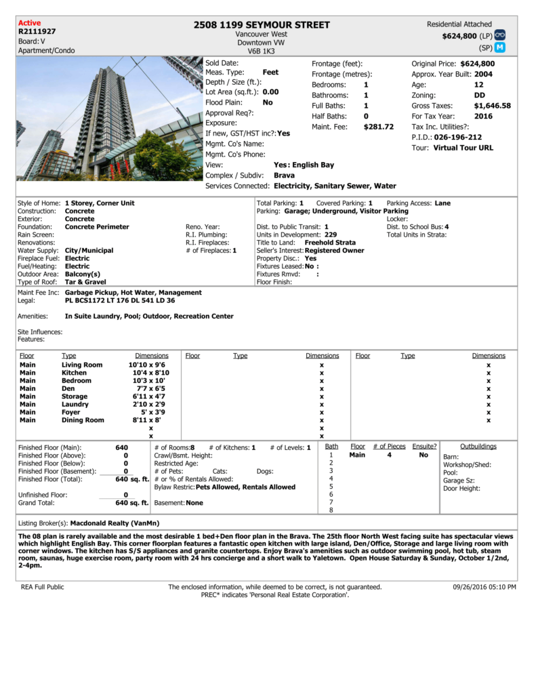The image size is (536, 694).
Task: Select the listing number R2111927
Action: [x=37, y=31]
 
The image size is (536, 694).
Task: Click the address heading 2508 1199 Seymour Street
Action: [x=262, y=25]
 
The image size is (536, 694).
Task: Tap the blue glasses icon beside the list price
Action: [x=501, y=35]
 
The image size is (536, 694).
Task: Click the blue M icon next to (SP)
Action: [x=501, y=47]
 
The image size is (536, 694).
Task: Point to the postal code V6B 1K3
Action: [x=262, y=51]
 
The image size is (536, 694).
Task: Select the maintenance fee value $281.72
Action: [x=378, y=127]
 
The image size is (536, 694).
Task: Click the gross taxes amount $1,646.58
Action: [x=493, y=106]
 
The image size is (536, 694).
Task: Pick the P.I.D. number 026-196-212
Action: [x=458, y=137]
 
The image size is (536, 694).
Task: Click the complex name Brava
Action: [x=284, y=176]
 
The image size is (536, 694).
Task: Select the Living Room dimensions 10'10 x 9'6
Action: [x=148, y=365]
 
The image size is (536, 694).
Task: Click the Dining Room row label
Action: [x=83, y=420]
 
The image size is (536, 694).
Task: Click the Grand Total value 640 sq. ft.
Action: [x=131, y=503]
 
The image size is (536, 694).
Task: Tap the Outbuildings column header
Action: [x=478, y=447]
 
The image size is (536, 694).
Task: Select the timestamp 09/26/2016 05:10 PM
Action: [x=485, y=587]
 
